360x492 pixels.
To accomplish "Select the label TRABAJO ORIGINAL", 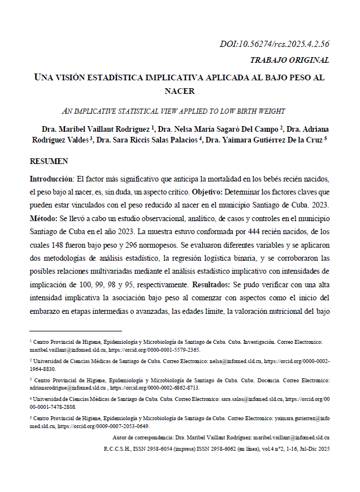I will click(289, 60).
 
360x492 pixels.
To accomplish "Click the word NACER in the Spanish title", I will click(180, 90).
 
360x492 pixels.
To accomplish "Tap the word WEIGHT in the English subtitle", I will click(271, 111).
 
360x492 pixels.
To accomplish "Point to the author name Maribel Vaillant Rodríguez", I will click(99, 129).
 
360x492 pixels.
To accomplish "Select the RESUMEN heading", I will click(49, 161).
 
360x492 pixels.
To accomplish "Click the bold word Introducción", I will click(51, 179).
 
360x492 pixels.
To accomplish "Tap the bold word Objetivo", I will click(209, 192).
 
